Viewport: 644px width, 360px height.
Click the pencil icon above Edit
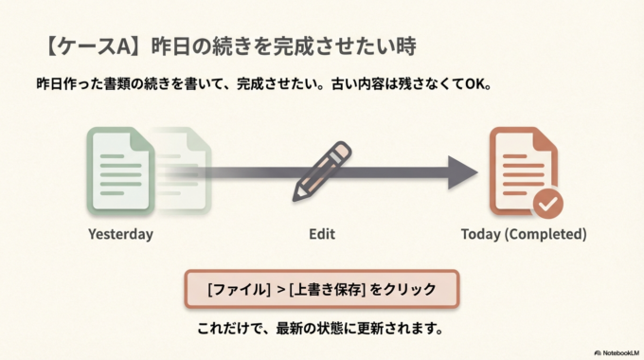[322, 170]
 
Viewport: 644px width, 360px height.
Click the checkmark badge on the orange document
[547, 202]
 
